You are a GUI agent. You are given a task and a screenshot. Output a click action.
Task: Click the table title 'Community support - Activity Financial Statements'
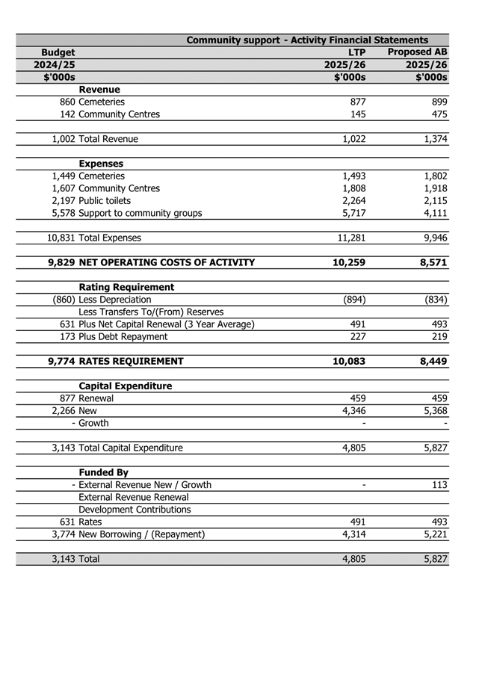click(306, 40)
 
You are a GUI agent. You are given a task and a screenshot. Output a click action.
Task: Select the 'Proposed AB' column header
click(417, 52)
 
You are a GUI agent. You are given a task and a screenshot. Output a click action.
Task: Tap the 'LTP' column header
click(356, 52)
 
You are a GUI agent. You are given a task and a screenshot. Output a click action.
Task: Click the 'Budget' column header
click(58, 52)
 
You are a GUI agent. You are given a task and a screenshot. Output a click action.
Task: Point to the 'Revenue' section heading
click(99, 90)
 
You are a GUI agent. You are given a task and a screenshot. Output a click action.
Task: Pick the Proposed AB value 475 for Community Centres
click(438, 114)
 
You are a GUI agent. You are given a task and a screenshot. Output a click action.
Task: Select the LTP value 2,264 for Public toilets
click(353, 200)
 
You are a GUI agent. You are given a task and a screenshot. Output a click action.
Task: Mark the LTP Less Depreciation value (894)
click(353, 300)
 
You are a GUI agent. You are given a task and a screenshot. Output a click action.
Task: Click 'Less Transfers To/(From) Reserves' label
click(151, 312)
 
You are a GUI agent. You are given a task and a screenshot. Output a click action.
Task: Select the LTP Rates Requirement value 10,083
click(348, 361)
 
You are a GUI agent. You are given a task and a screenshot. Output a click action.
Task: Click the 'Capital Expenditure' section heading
click(126, 386)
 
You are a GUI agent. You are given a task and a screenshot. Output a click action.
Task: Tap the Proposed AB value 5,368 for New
click(432, 410)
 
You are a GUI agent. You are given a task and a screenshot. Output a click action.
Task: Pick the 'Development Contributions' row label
click(135, 509)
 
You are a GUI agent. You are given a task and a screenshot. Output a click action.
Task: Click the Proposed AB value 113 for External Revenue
click(439, 484)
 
